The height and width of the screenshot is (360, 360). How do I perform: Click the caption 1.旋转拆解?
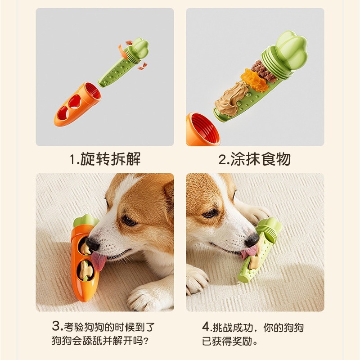point(105,159)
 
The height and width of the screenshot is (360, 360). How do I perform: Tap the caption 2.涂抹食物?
point(255,159)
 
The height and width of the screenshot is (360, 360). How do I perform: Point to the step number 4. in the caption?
point(206,327)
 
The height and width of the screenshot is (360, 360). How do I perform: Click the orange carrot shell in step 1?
point(77,104)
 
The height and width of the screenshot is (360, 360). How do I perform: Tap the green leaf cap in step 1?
point(139,49)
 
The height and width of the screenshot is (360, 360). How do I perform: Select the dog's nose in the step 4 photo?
point(252,240)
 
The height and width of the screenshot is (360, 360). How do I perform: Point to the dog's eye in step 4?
point(210,214)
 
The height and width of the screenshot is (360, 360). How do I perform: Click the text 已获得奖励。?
point(229,342)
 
